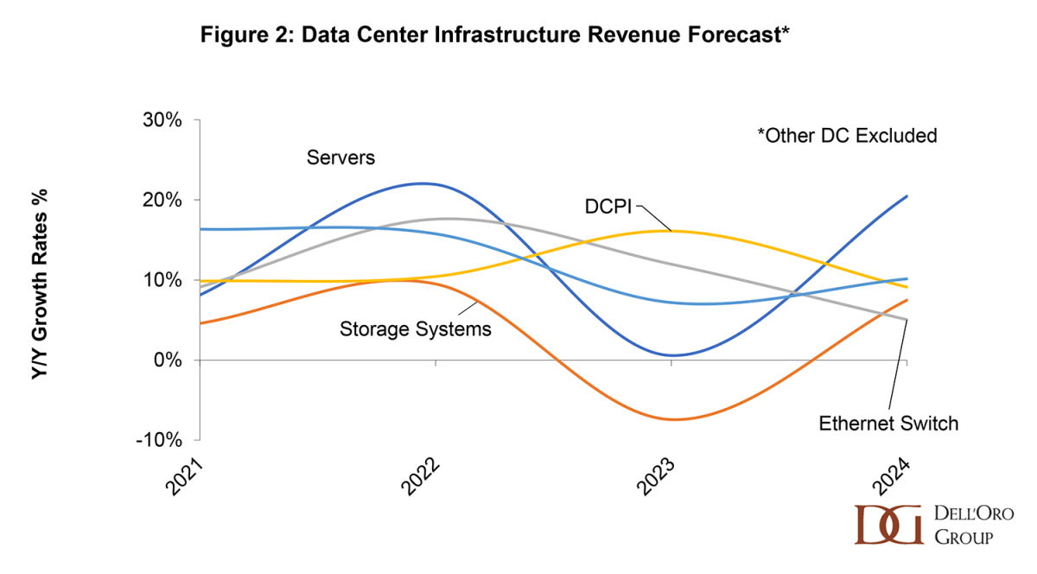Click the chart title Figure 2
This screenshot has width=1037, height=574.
494,35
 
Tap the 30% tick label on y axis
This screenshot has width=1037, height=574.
162,120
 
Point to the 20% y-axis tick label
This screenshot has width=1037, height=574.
162,200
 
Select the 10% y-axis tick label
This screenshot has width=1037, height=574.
162,280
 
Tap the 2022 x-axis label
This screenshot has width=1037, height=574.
423,477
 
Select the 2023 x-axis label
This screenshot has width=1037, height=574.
658,477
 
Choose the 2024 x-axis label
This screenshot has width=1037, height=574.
894,477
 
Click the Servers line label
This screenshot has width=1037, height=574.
340,157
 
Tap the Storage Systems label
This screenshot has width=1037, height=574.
415,328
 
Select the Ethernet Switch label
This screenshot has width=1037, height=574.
888,424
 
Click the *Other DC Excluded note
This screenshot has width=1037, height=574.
847,136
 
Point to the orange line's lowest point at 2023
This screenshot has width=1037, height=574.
672,419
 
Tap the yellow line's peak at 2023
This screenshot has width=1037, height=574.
671,231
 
